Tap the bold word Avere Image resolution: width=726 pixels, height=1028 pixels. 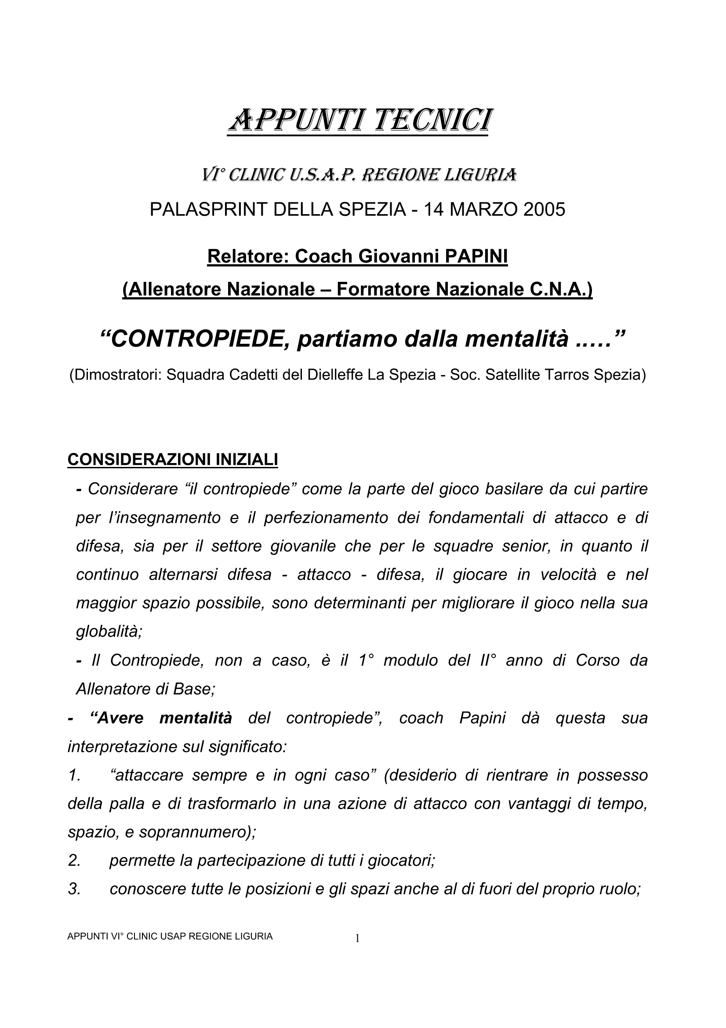(x=116, y=718)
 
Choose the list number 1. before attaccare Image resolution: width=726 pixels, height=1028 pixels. (x=74, y=775)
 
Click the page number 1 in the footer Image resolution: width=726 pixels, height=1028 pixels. (x=357, y=938)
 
